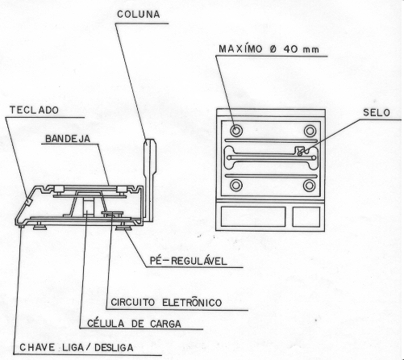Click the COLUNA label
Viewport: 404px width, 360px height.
(x=139, y=15)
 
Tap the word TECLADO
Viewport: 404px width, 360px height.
(x=34, y=110)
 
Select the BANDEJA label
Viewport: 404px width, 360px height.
(x=68, y=139)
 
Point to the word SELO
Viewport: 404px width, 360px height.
(x=377, y=112)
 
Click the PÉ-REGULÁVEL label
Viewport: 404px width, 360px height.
(x=189, y=261)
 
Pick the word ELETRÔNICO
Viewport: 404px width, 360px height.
(x=192, y=302)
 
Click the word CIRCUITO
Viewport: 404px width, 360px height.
(x=133, y=303)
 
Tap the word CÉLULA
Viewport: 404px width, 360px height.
(x=106, y=323)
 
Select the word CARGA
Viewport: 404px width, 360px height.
(x=165, y=324)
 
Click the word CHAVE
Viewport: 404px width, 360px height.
(x=37, y=347)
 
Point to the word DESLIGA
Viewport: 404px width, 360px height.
(x=114, y=347)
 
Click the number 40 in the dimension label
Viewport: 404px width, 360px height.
(x=289, y=49)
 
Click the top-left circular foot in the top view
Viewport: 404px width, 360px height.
(x=236, y=131)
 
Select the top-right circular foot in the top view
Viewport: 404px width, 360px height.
(x=310, y=131)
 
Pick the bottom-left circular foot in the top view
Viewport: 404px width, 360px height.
(x=236, y=185)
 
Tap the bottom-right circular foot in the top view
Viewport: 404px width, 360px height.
(x=309, y=186)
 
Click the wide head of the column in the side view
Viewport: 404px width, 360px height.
(x=150, y=156)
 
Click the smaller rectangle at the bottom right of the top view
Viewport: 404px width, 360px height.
(x=306, y=216)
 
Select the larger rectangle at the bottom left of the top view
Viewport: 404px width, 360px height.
(x=253, y=216)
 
